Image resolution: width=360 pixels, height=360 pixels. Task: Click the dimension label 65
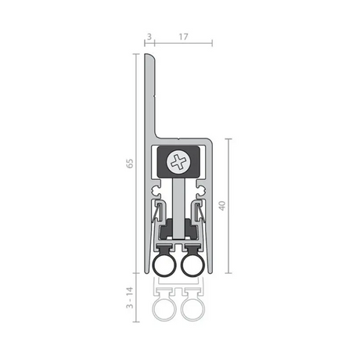[130, 164]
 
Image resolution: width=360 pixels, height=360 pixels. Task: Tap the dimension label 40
[221, 206]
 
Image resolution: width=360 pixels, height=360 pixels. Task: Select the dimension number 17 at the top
[183, 37]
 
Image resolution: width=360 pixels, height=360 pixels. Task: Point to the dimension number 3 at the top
[149, 37]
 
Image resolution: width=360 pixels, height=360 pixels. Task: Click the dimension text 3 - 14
[130, 297]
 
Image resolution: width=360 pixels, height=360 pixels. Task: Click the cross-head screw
[179, 163]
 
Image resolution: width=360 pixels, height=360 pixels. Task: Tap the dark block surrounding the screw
[179, 162]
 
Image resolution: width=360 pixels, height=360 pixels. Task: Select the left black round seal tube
[164, 266]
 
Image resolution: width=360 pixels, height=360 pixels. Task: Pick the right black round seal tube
[193, 266]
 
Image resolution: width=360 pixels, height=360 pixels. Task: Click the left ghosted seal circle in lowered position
[164, 309]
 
